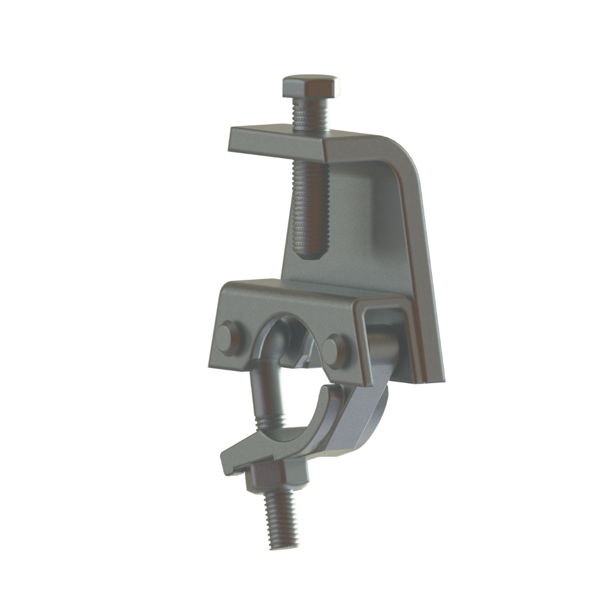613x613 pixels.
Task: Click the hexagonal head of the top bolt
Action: click(x=310, y=86)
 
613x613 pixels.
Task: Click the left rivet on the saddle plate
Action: click(x=229, y=338)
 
